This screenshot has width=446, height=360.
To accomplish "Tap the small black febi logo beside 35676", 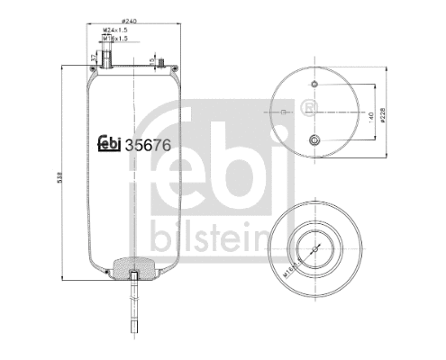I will [x=108, y=142].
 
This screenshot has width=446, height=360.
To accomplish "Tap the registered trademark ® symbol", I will [x=311, y=109].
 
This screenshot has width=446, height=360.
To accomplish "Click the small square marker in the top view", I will [x=284, y=112].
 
